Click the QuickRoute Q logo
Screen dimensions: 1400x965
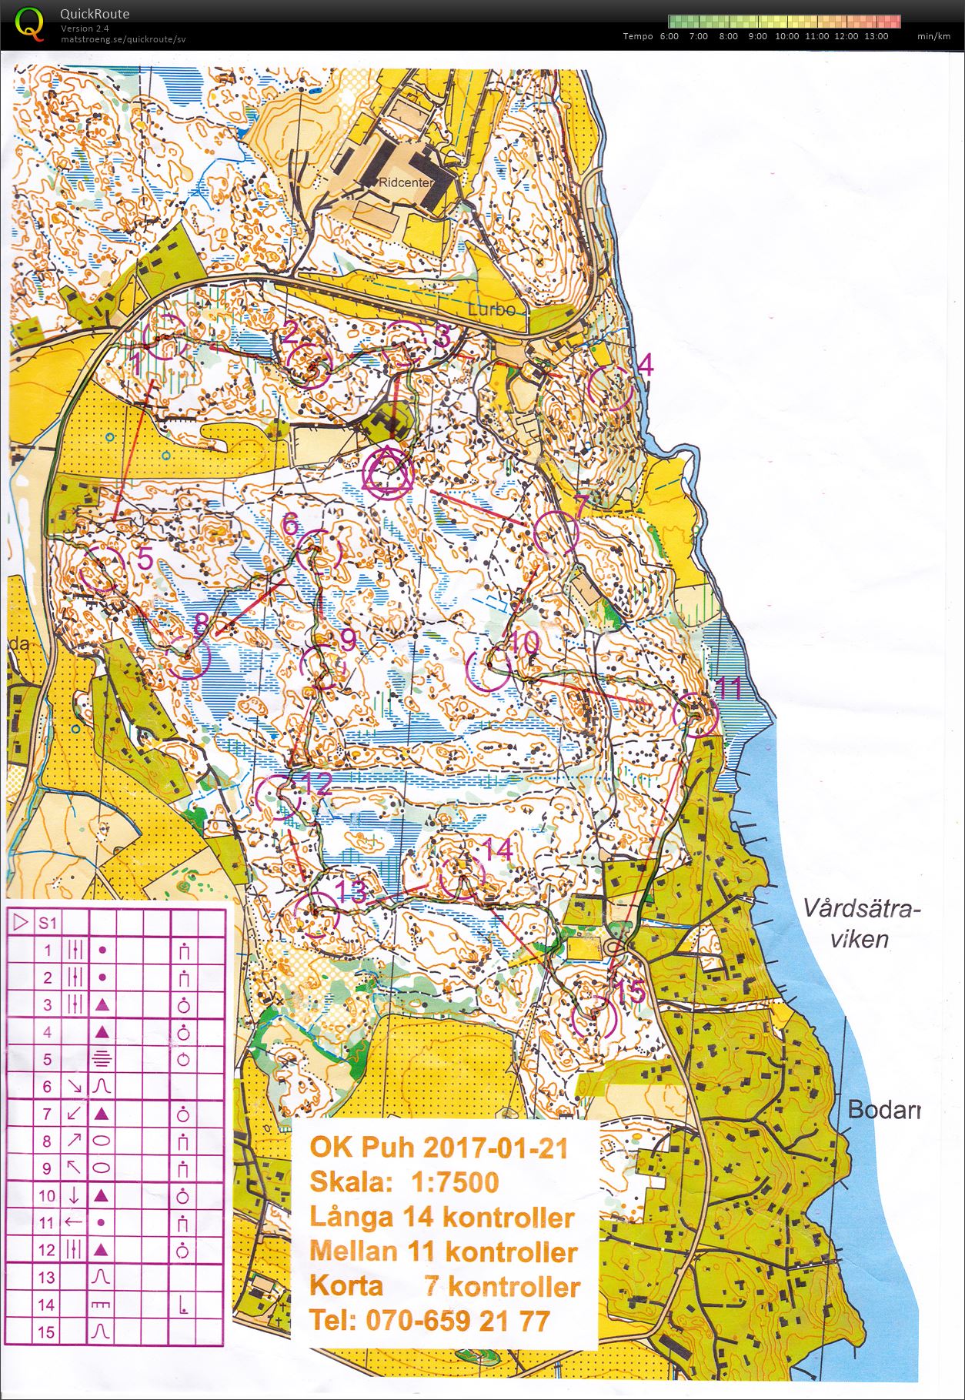(x=29, y=23)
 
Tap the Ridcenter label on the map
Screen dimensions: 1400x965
(x=406, y=183)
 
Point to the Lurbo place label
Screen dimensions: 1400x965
(x=492, y=309)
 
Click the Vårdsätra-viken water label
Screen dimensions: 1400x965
(x=860, y=924)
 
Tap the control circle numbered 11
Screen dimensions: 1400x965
(x=695, y=713)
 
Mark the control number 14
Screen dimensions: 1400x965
(x=497, y=849)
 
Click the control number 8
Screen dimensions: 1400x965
(x=201, y=623)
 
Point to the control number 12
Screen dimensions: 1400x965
(x=317, y=784)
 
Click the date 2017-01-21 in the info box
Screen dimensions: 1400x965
(x=495, y=1148)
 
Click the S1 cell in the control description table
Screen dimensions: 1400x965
(x=48, y=923)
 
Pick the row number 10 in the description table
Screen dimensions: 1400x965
(x=48, y=1195)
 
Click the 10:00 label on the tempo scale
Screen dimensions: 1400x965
(x=786, y=36)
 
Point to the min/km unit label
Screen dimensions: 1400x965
(x=933, y=36)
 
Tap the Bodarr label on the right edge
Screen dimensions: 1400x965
(x=883, y=1110)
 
